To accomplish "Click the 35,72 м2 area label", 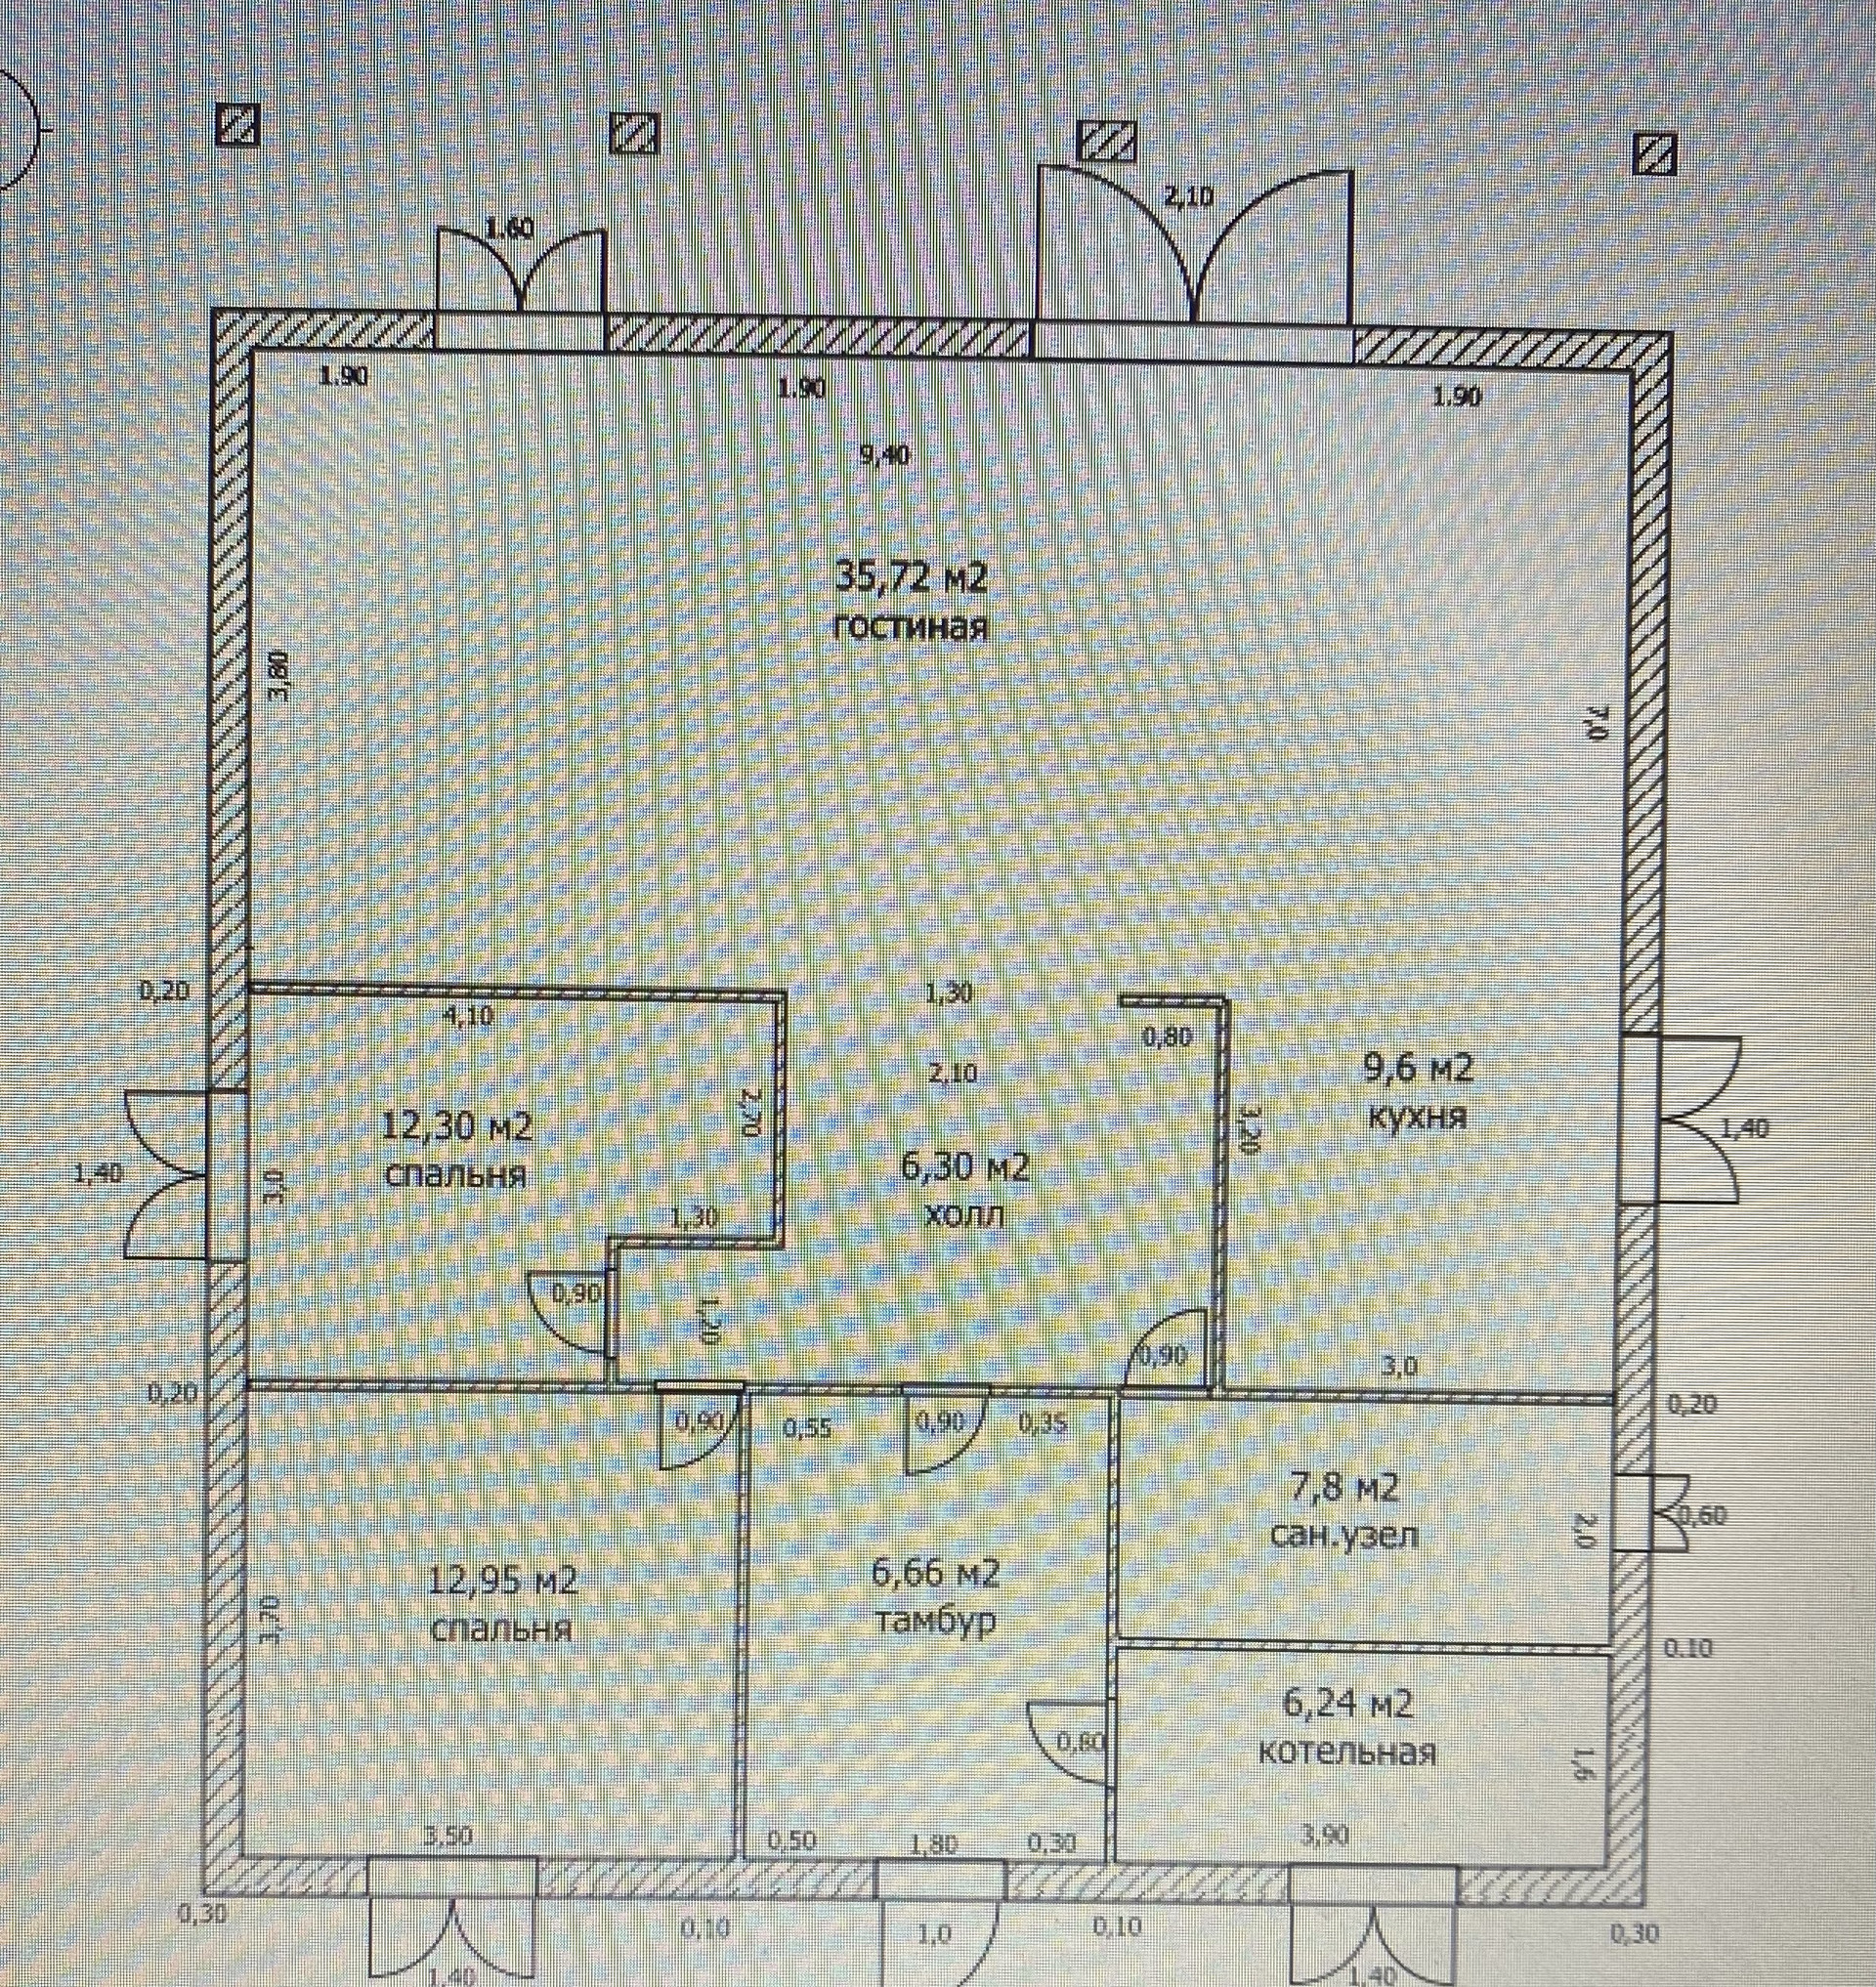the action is (910, 577).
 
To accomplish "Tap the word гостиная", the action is (910, 628).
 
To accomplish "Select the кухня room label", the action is (1417, 1117).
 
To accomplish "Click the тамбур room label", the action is (935, 1620).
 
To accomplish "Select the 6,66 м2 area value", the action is (936, 1573).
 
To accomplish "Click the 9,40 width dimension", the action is (885, 456).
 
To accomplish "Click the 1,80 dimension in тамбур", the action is (937, 1840).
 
